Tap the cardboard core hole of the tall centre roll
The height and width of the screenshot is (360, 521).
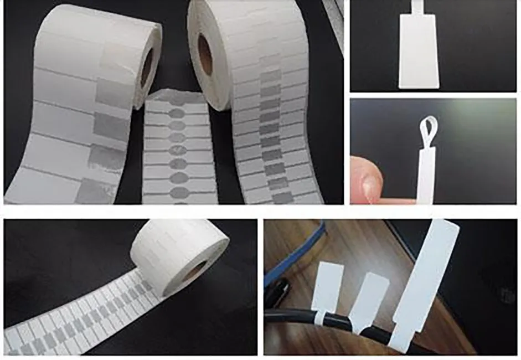[x=205, y=54]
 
